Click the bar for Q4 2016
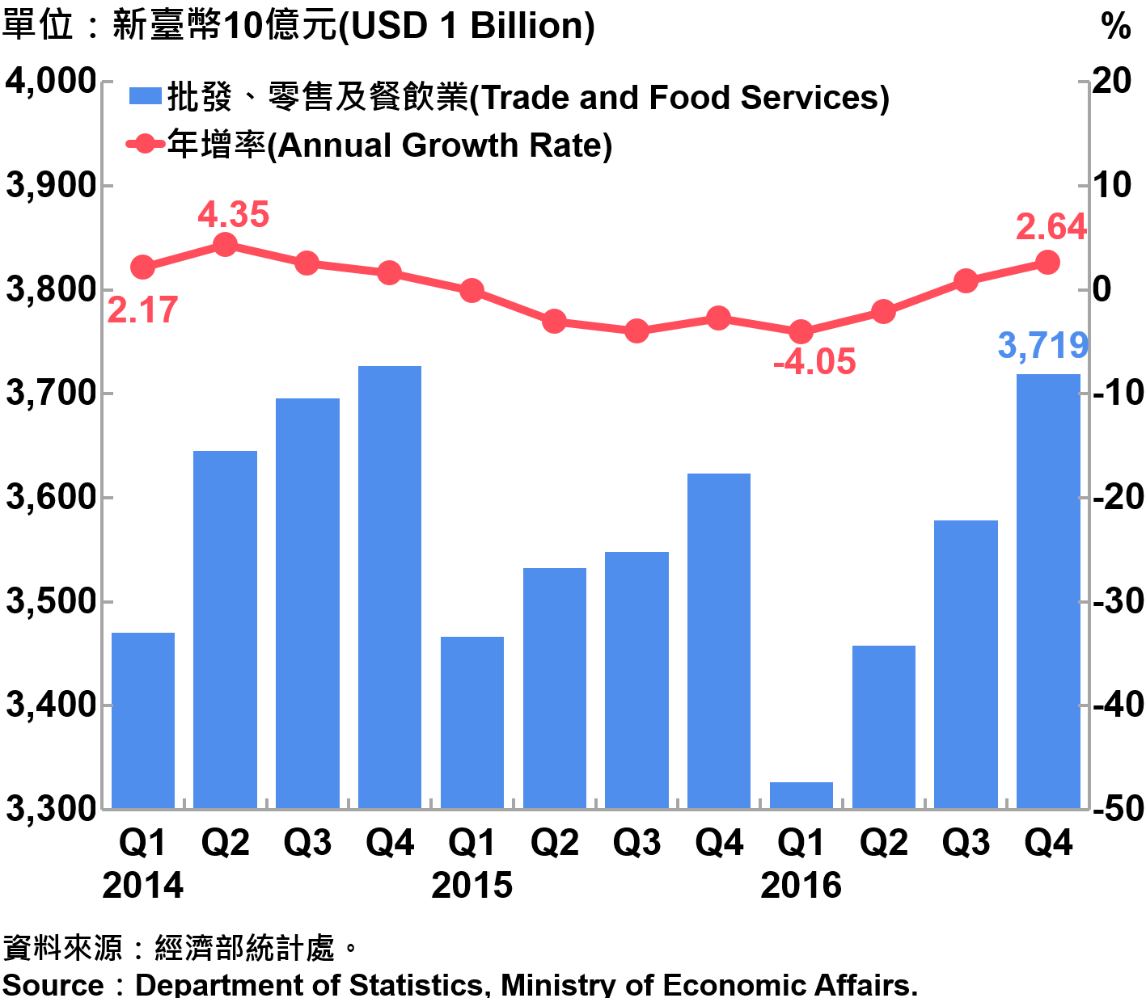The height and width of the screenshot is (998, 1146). coord(1047,590)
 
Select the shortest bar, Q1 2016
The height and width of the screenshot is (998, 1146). coord(801,795)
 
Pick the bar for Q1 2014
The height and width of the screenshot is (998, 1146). coord(143,719)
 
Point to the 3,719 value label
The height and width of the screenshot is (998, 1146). coord(1042,346)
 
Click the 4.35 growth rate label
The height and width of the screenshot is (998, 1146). coord(233,215)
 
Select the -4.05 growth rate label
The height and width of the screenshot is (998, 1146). coord(814,362)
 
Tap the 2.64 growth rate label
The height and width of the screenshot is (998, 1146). coord(1051,227)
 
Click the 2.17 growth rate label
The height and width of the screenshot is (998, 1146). coord(142,310)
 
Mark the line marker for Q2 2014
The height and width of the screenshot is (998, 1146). coord(225,244)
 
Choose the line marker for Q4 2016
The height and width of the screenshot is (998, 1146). coord(1047,262)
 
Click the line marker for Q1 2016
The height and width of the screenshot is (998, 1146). coord(801,331)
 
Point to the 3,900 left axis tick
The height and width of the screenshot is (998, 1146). coord(50,186)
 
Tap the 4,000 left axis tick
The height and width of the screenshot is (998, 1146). coord(50,81)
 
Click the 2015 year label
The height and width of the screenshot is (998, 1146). coord(472,886)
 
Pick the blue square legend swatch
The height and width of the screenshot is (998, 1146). coord(146,97)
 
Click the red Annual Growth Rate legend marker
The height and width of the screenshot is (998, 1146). coord(145,145)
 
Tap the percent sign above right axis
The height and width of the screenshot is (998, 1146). coord(1115,27)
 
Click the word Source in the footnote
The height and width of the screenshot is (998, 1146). coord(53,984)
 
